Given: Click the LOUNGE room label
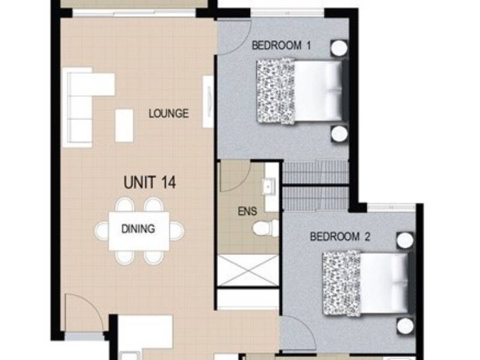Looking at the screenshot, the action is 169,113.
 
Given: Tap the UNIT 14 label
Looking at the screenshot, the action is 149,182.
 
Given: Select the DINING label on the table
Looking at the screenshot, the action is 138,229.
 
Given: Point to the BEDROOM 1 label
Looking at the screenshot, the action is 281,46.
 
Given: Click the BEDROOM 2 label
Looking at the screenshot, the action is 340,236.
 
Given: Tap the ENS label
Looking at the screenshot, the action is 247,211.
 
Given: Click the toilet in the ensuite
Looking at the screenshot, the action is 266,229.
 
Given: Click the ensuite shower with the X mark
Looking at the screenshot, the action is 248,271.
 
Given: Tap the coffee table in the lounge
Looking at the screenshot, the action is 124,125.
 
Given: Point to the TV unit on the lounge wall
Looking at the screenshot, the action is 208,101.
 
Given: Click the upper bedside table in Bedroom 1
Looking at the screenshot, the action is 339,48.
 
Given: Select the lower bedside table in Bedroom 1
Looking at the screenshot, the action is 339,134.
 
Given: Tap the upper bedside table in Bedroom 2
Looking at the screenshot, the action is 404,240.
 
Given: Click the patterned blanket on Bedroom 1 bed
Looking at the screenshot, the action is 275,91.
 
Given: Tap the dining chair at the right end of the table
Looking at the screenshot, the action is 177,231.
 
